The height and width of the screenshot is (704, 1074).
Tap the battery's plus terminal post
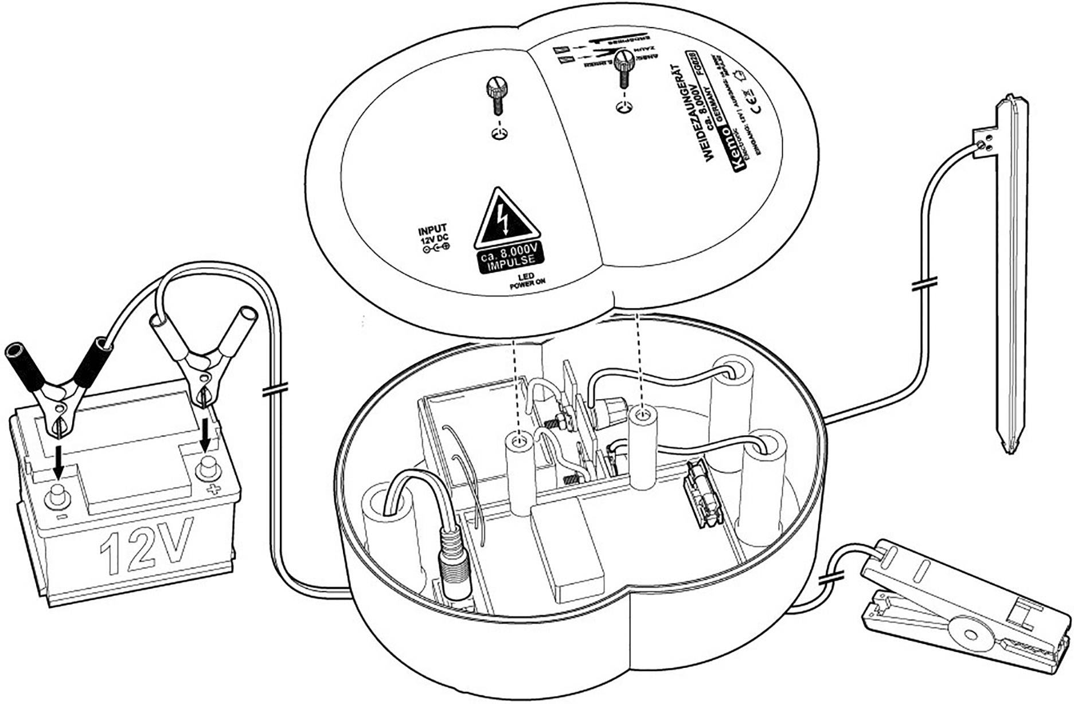(208, 470)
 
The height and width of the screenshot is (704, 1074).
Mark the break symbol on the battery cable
(275, 390)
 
